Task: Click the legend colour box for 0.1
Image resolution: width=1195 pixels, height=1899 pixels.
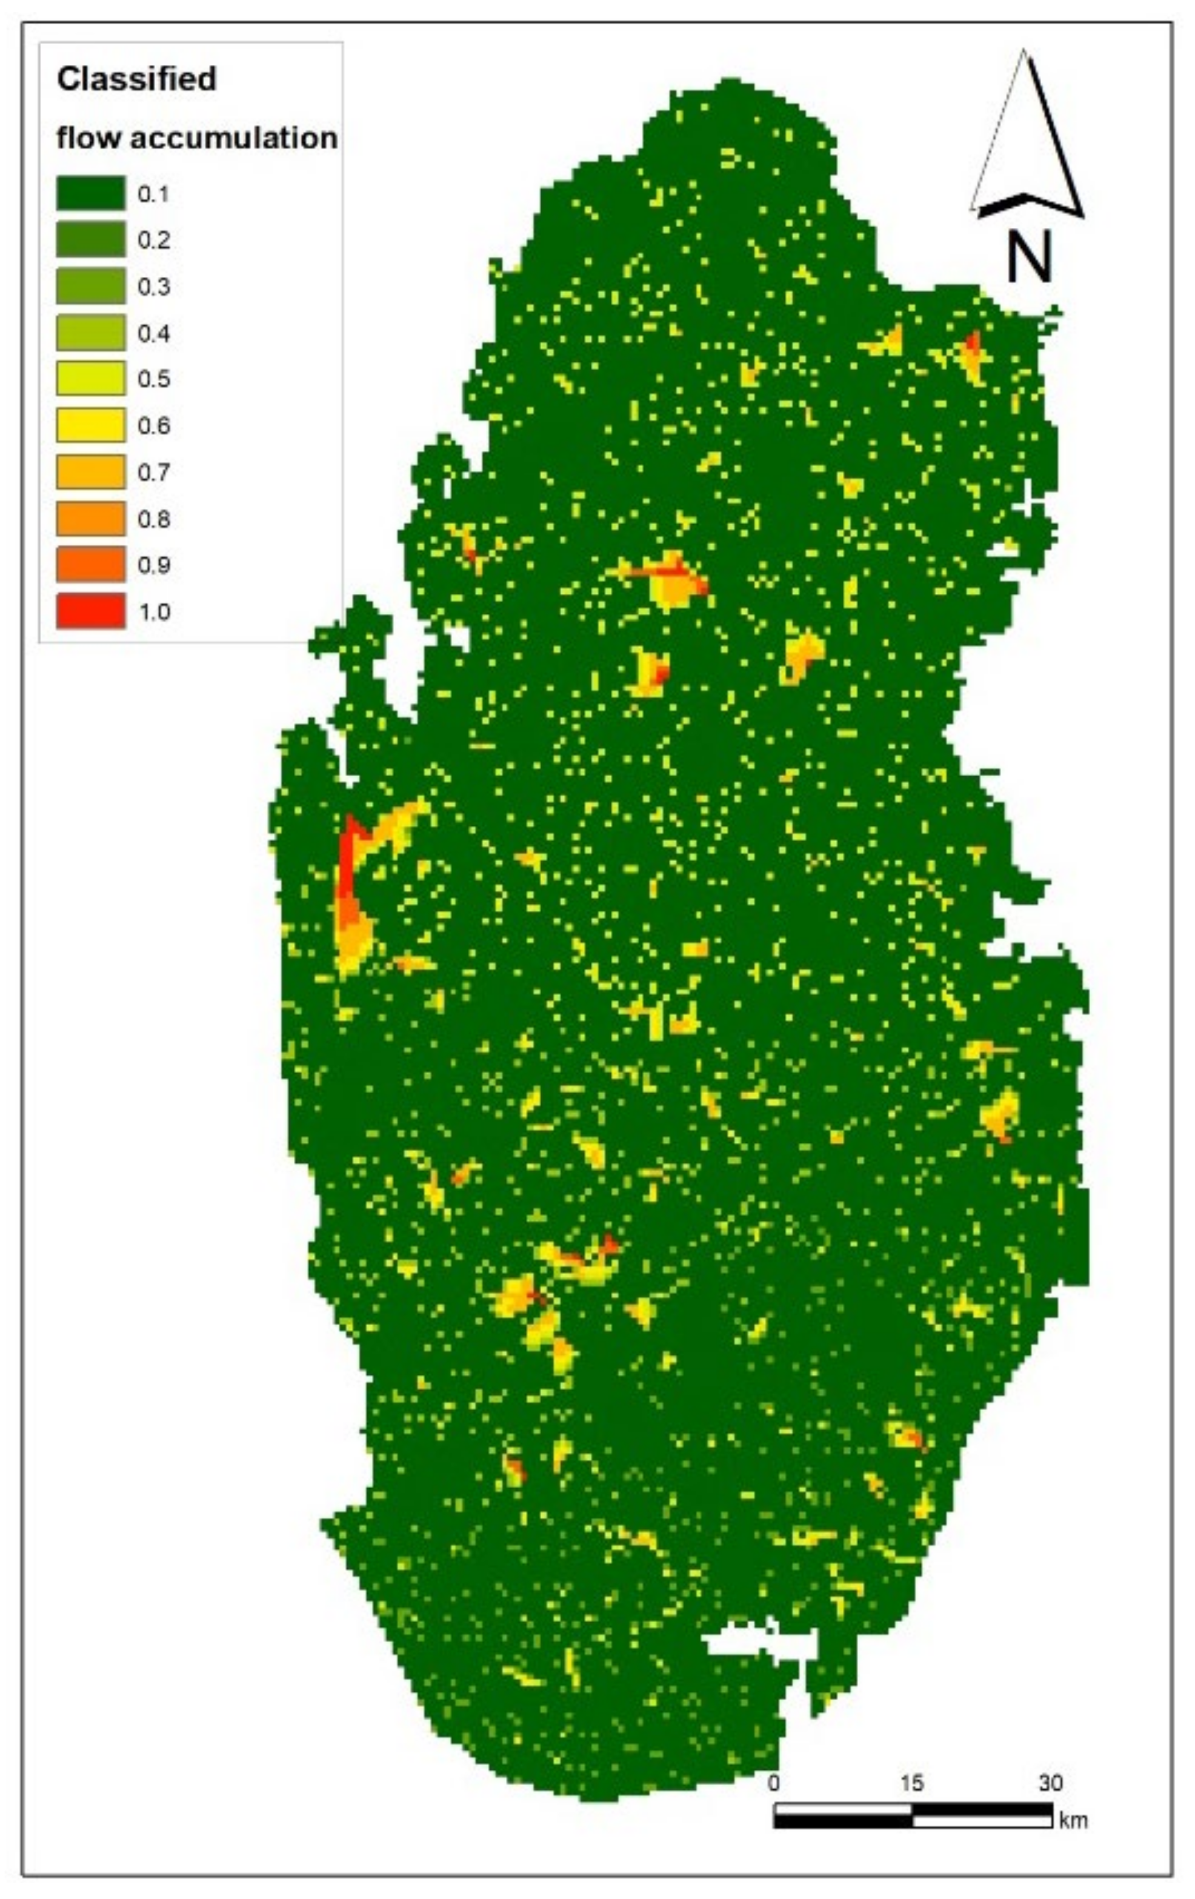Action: pyautogui.click(x=90, y=193)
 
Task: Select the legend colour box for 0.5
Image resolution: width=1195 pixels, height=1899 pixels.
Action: pyautogui.click(x=90, y=379)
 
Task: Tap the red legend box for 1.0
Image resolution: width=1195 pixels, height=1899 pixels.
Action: pyautogui.click(x=90, y=611)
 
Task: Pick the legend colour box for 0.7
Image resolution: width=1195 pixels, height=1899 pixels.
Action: pyautogui.click(x=90, y=471)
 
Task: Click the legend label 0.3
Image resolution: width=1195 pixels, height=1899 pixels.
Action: pyautogui.click(x=154, y=286)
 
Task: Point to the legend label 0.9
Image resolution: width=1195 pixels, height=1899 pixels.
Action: pyautogui.click(x=154, y=565)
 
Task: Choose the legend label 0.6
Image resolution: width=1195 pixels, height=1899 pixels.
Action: pyautogui.click(x=154, y=426)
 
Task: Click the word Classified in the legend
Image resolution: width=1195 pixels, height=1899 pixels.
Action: pyautogui.click(x=136, y=79)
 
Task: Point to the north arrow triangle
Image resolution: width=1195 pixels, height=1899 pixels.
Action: pyautogui.click(x=1026, y=142)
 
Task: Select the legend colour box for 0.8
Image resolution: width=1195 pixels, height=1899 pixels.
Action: pyautogui.click(x=90, y=518)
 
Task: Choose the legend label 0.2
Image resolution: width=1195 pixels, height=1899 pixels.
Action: pyautogui.click(x=154, y=240)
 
